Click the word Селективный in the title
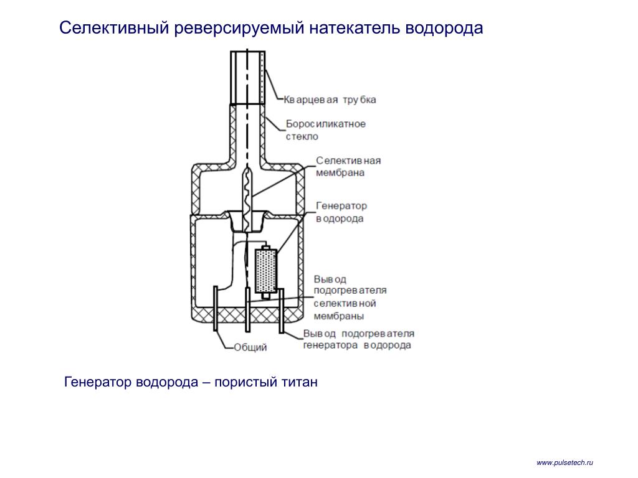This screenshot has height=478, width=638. [x=115, y=28]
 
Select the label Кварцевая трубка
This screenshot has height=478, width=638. [x=330, y=100]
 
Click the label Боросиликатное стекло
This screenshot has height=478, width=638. [x=325, y=129]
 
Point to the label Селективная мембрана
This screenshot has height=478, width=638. [x=348, y=167]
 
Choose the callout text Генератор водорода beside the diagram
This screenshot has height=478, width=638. [x=341, y=212]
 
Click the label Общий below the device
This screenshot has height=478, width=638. [x=250, y=347]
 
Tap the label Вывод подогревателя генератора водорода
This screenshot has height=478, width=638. [x=358, y=339]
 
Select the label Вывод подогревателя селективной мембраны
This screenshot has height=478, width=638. [x=350, y=298]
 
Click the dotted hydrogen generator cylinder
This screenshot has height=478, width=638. [x=265, y=271]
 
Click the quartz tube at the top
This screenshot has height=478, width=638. [x=248, y=77]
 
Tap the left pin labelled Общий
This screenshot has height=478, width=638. [x=216, y=308]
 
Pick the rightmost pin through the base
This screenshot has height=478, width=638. [x=281, y=311]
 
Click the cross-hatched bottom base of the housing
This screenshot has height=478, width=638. [x=247, y=315]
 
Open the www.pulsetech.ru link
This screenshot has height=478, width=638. [x=564, y=462]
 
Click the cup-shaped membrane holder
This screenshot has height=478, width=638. [x=247, y=222]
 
